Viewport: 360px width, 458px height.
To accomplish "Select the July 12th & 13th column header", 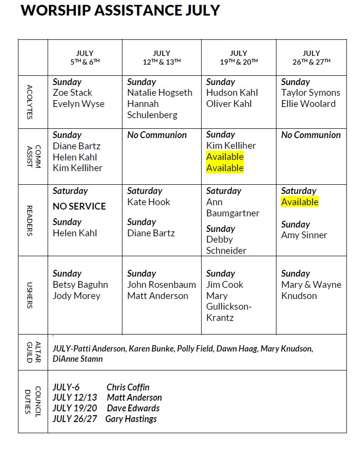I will (x=162, y=57).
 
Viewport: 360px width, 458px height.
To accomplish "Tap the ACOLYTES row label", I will (x=30, y=102).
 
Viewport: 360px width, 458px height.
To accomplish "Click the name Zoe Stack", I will (x=72, y=93).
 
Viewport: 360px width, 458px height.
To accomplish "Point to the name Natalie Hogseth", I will (x=160, y=93).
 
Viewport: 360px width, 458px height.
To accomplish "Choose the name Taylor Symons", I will (x=311, y=93).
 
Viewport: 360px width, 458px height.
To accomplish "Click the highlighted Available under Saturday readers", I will (x=300, y=202).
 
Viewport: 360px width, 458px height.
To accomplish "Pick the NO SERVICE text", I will (x=79, y=207).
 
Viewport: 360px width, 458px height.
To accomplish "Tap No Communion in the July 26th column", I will (x=311, y=135).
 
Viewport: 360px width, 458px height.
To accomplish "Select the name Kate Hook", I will (x=149, y=202).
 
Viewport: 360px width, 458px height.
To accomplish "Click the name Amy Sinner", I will (x=304, y=235).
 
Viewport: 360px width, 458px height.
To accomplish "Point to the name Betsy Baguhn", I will (x=80, y=285).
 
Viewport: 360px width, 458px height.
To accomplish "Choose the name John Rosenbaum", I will (x=162, y=285).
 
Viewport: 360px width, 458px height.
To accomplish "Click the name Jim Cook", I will (x=224, y=285).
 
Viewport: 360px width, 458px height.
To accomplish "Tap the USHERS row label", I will (x=30, y=296).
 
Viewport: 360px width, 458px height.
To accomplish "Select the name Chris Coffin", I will (x=128, y=388).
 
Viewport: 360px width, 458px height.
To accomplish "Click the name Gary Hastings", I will (x=131, y=419).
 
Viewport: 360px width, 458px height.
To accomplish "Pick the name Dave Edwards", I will (x=133, y=408).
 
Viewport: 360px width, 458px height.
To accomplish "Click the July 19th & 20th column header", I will (x=239, y=57).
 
